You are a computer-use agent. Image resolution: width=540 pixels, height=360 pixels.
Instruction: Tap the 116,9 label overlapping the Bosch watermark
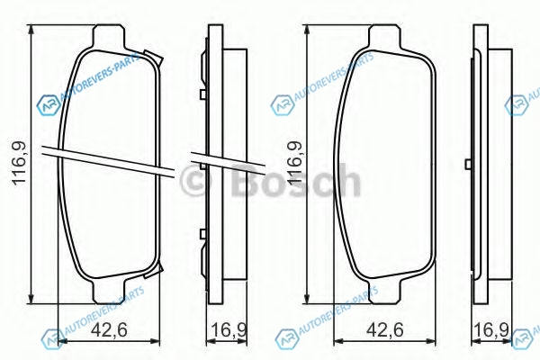(295, 163)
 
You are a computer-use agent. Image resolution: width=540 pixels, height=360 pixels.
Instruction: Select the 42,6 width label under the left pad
(109, 329)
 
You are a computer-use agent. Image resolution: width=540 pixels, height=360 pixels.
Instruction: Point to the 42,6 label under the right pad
(384, 329)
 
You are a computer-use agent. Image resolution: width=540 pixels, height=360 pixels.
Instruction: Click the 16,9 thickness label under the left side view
(229, 330)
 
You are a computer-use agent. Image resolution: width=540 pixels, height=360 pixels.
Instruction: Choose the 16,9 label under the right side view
(491, 330)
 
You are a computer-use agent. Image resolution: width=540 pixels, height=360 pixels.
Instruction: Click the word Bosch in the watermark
(296, 180)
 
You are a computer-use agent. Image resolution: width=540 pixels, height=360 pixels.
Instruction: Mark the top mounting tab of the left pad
(108, 36)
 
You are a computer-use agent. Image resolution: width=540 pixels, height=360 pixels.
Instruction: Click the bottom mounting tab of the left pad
(108, 292)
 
